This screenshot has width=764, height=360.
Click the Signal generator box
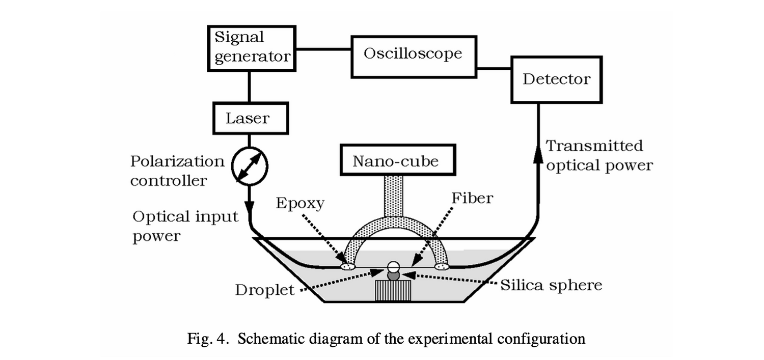(x=251, y=47)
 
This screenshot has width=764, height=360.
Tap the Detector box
(x=556, y=79)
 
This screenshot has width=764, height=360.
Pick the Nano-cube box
(x=395, y=161)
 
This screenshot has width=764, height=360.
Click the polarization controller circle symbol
(x=250, y=165)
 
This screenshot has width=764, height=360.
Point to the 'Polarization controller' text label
(x=177, y=171)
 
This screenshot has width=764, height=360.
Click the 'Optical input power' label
(x=185, y=226)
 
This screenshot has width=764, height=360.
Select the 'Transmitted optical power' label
(x=598, y=156)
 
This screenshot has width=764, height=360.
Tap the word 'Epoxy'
(x=300, y=203)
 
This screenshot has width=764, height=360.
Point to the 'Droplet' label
(x=264, y=290)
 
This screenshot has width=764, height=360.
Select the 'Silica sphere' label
(x=551, y=285)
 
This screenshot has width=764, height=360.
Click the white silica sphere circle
(x=393, y=266)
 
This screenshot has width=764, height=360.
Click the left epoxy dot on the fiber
(x=348, y=266)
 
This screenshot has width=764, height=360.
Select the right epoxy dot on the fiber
(x=442, y=266)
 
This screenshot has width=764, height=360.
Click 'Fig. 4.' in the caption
(x=204, y=339)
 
